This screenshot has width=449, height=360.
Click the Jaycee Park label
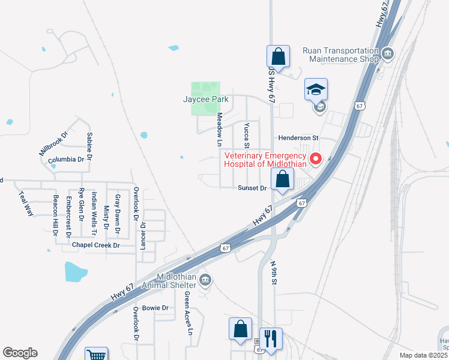pyautogui.click(x=208, y=100)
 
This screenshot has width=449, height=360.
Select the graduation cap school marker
pyautogui.click(x=316, y=90)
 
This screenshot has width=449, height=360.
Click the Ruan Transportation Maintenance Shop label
pyautogui.click(x=341, y=55)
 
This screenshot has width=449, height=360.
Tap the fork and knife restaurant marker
pyautogui.click(x=271, y=339)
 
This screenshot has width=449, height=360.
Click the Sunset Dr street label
pyautogui.click(x=252, y=188)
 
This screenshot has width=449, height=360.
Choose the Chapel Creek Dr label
pyautogui.click(x=96, y=245)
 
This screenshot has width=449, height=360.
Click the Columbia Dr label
pyautogui.click(x=66, y=160)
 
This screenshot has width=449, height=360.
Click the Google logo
pyautogui.click(x=20, y=353)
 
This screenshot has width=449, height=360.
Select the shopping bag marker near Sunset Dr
pyautogui.click(x=282, y=179)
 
